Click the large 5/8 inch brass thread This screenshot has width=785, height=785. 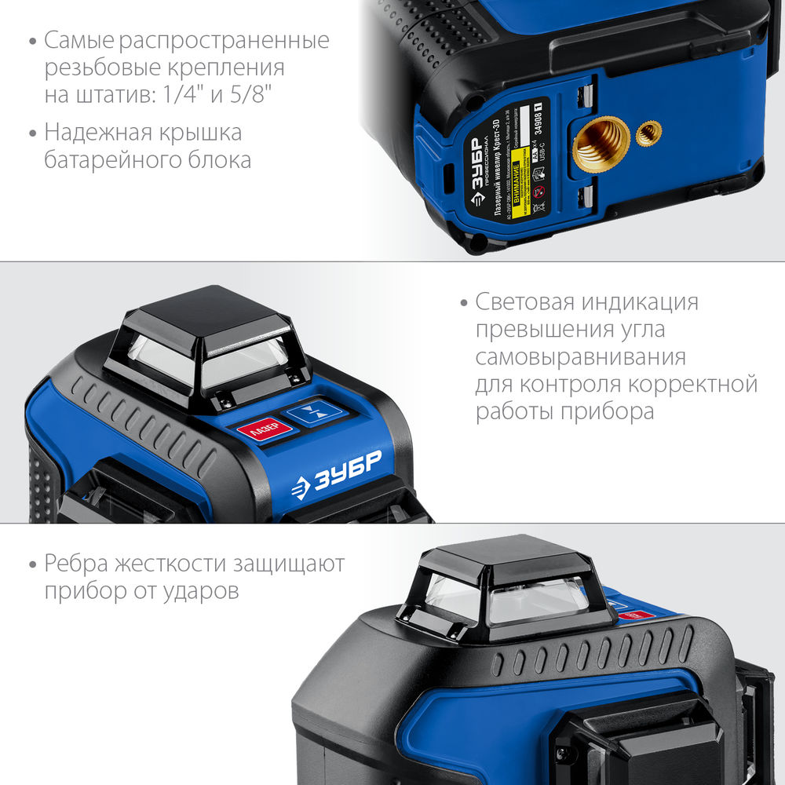601,143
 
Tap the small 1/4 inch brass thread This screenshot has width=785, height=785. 648,133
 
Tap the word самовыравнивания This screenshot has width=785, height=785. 580,357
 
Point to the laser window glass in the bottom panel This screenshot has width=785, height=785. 502,601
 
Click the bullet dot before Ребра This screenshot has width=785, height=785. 32,564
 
